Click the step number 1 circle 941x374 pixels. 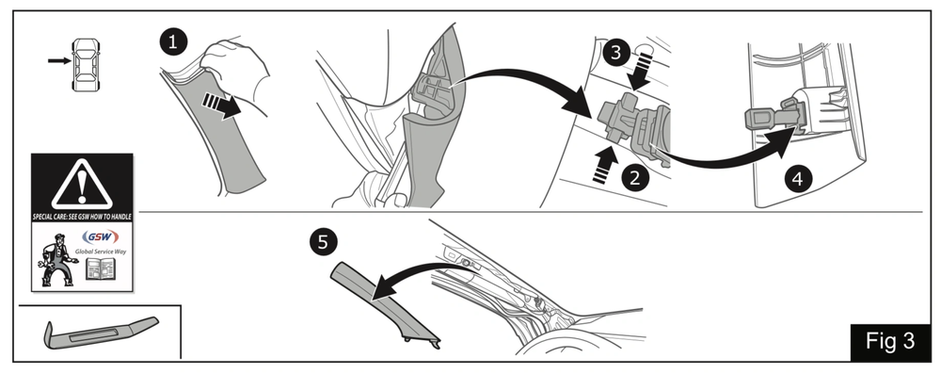point(173,42)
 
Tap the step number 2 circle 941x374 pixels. point(635,177)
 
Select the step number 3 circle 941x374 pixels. point(616,53)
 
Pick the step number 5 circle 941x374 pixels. point(323,242)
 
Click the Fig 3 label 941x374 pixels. point(890,342)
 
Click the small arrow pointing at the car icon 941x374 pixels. point(59,60)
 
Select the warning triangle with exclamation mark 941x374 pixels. point(82,186)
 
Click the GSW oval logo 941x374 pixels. point(101,236)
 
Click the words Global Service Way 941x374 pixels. point(101,252)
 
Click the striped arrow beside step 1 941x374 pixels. point(222,106)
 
